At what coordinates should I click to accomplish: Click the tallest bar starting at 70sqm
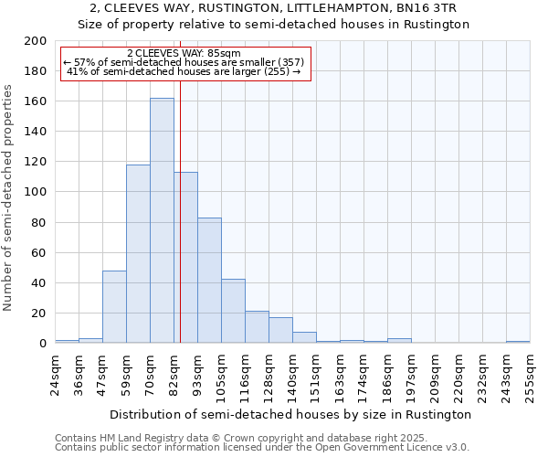pyautogui.click(x=162, y=220)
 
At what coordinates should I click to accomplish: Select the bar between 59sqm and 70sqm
pyautogui.click(x=138, y=253)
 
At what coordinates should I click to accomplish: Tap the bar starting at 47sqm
pyautogui.click(x=114, y=306)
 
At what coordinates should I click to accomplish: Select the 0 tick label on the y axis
pyautogui.click(x=43, y=344)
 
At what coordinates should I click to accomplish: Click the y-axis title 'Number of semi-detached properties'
pyautogui.click(x=9, y=197)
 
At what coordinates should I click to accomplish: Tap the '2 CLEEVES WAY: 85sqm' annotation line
pyautogui.click(x=184, y=53)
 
